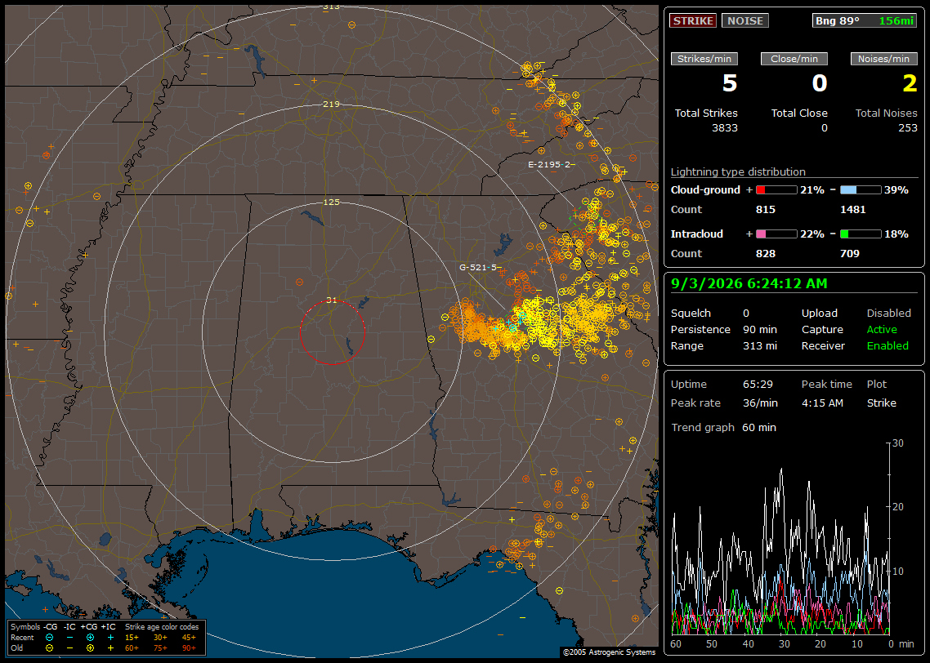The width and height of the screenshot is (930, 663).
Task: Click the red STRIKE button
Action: click(x=693, y=20)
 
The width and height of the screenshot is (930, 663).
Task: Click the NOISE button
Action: click(x=745, y=20)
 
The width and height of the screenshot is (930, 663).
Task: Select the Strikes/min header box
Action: click(x=704, y=59)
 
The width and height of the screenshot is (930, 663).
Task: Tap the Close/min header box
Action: click(x=794, y=59)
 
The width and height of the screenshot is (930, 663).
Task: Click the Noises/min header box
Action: click(x=883, y=59)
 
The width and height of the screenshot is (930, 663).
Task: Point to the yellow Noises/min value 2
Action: click(x=910, y=83)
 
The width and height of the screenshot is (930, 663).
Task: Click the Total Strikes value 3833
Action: click(x=725, y=128)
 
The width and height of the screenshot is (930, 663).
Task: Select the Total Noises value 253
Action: click(x=907, y=128)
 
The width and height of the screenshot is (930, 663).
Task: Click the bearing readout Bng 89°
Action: click(x=838, y=20)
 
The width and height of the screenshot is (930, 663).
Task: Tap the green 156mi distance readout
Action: click(x=896, y=20)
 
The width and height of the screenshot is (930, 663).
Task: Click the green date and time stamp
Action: click(x=749, y=284)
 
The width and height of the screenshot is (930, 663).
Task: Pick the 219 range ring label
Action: click(x=331, y=105)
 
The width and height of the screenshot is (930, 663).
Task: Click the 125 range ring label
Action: click(x=331, y=202)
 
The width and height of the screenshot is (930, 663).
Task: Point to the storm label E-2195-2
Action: click(x=549, y=164)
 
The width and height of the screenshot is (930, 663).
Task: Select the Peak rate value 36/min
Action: click(x=760, y=403)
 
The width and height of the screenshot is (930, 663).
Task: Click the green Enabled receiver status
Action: click(x=888, y=346)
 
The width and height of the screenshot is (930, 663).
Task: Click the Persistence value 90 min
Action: click(x=760, y=329)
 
